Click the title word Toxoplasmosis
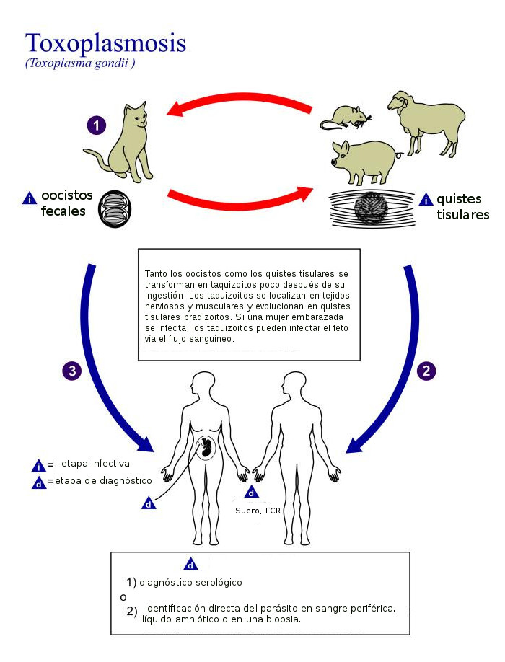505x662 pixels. [105, 43]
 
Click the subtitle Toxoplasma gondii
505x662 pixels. [80, 63]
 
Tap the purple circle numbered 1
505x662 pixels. [97, 125]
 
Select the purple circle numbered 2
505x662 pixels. [426, 371]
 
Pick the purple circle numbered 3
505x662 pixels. [71, 371]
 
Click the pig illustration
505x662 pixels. [364, 161]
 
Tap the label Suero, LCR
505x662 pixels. [258, 511]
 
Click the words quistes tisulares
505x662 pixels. [462, 207]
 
